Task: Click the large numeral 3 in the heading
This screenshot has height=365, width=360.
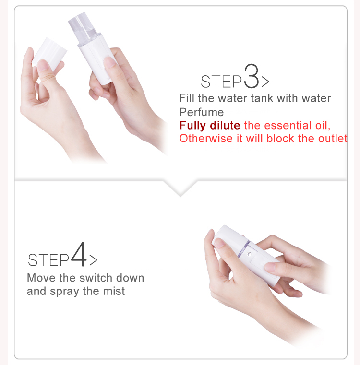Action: (252, 76)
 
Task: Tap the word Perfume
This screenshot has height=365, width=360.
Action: (202, 112)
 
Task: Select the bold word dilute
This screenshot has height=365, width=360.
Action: (225, 125)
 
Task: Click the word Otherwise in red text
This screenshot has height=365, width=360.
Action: (206, 138)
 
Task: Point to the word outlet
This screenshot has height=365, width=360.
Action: (333, 138)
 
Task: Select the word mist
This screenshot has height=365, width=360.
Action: (114, 291)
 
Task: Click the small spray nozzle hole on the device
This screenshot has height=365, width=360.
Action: (249, 254)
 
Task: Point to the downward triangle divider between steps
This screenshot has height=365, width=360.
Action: (180, 188)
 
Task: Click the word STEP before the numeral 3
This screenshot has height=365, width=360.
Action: (221, 82)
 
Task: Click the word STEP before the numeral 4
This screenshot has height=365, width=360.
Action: (48, 260)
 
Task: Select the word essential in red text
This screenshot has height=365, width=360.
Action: (288, 125)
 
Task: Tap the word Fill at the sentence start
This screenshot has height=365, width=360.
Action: (186, 98)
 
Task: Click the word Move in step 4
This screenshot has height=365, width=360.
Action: (41, 278)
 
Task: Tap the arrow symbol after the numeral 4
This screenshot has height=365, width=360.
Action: (93, 260)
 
